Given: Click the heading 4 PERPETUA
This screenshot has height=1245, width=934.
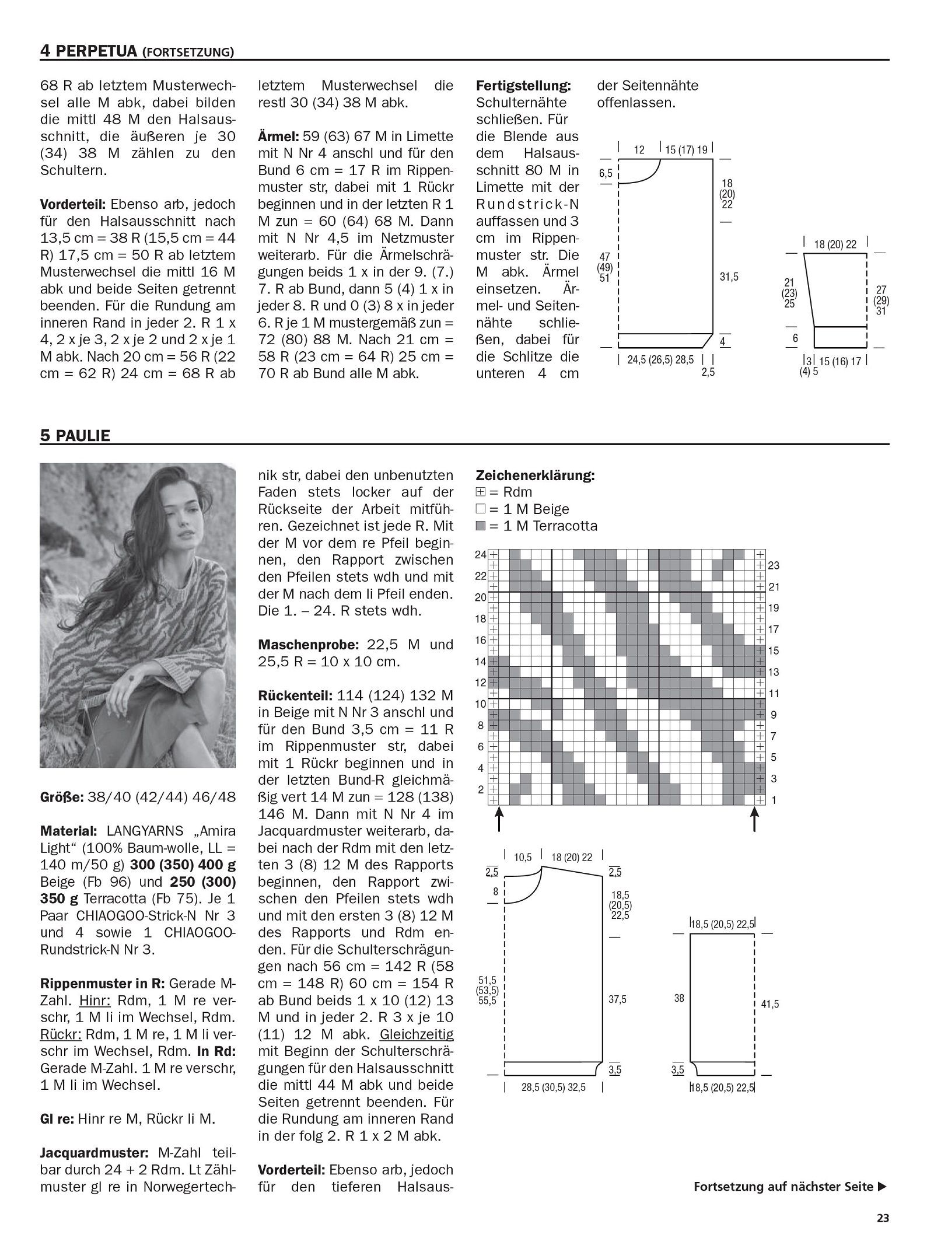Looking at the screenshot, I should tap(89, 51).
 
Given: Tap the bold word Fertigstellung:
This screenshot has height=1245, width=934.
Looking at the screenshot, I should tap(523, 86).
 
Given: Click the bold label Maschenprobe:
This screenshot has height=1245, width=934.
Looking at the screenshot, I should tap(308, 645).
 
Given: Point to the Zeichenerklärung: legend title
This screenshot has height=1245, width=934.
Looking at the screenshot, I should tap(536, 475).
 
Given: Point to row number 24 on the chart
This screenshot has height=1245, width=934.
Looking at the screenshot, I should tap(480, 555).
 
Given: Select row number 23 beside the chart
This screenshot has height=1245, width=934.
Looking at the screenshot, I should tap(774, 565).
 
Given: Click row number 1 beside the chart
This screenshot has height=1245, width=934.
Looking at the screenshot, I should tap(774, 800).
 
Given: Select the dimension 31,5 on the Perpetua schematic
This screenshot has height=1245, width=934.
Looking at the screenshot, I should tap(729, 277).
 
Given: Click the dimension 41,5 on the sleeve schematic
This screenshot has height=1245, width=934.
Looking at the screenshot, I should tap(770, 1005).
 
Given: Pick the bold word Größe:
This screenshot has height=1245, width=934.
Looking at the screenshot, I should tap(61, 797).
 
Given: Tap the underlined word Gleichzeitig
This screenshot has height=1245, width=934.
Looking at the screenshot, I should tap(416, 1034).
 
